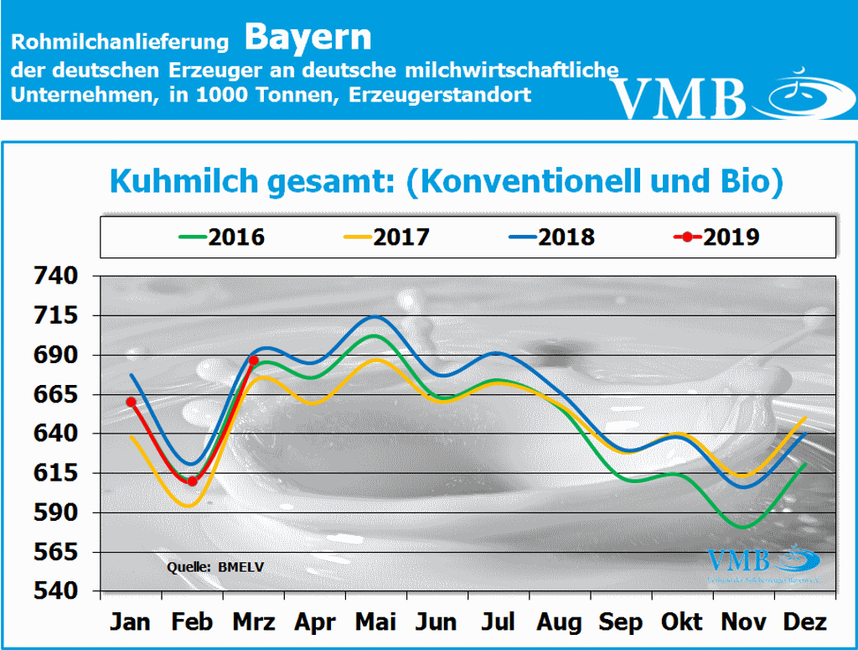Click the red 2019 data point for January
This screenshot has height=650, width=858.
(131, 402)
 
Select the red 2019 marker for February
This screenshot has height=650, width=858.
(192, 481)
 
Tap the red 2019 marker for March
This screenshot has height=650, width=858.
(254, 361)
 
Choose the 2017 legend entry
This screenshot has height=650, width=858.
(387, 237)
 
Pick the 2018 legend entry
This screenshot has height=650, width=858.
(552, 237)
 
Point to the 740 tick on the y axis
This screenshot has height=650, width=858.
(55, 276)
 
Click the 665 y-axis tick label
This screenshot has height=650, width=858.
(55, 394)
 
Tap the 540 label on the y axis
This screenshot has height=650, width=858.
(55, 591)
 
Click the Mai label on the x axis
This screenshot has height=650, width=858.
(376, 621)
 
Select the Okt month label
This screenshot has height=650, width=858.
(683, 621)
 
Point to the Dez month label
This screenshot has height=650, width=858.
(805, 621)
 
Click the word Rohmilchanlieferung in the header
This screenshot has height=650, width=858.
(121, 41)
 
